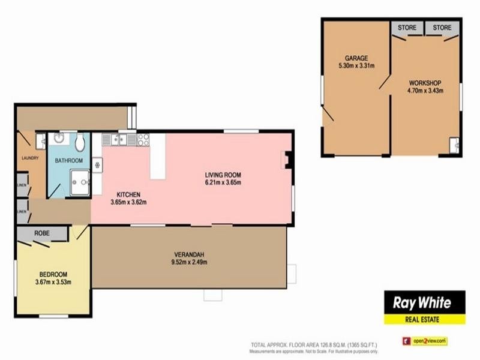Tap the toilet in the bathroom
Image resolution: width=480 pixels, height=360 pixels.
pos(80,142)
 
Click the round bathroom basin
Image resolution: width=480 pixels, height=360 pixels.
pos(60,139)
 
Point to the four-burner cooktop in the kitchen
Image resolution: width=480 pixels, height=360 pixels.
pos(143,140)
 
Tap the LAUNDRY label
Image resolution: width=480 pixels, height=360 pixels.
pos(29,158)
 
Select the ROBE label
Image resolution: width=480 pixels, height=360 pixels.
pos(41,233)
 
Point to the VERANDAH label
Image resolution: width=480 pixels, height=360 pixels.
pos(191,253)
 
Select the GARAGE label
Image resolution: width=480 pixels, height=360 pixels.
pos(356,58)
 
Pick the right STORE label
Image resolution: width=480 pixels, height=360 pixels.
pos(442,28)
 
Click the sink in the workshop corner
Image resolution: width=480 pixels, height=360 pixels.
pos(454,144)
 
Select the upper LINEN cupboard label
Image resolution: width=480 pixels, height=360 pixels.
pos(22,184)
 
